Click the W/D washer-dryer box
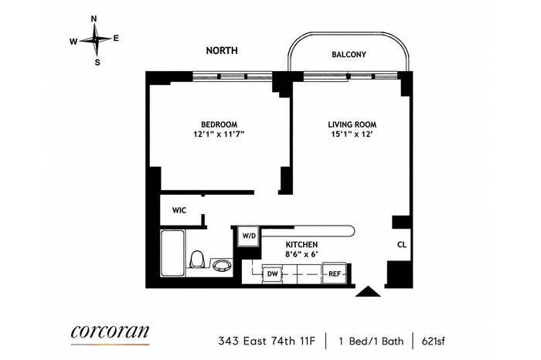tap(248, 236)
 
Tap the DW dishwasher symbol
tap(273, 274)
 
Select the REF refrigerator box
tap(335, 273)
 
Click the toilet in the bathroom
tap(198, 260)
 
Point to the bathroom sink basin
tap(222, 266)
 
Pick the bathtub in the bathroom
tap(172, 253)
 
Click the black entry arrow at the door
tap(368, 291)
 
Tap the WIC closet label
tap(179, 210)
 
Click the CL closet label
tap(402, 245)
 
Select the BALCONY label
tap(349, 55)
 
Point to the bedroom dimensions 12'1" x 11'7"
tap(219, 134)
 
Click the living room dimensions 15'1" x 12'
tap(352, 134)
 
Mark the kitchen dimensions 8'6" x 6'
tap(301, 254)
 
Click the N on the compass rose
tap(94, 19)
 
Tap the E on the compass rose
tap(116, 39)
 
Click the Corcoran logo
tap(110, 332)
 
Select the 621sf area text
tap(434, 341)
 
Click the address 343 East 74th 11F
tap(267, 341)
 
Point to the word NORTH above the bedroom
tap(222, 51)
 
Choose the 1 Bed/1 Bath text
tap(371, 341)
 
